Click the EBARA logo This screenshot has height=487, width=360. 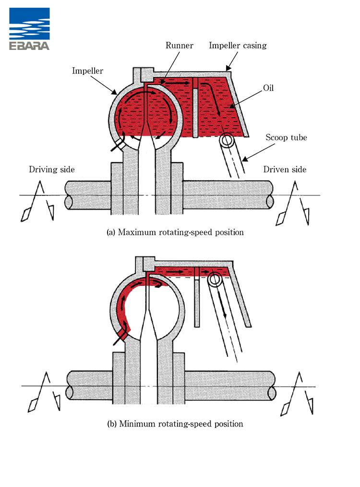29,29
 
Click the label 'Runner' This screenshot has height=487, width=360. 179,46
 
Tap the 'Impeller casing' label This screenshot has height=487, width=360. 237,46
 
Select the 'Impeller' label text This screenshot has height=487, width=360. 87,71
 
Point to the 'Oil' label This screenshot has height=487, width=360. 268,88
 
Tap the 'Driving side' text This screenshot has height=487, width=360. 52,170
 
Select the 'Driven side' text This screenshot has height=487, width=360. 285,170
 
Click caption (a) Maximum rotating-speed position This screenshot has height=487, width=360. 175,232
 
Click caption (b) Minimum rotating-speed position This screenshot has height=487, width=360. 175,424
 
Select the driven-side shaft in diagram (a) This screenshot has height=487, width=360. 228,195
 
